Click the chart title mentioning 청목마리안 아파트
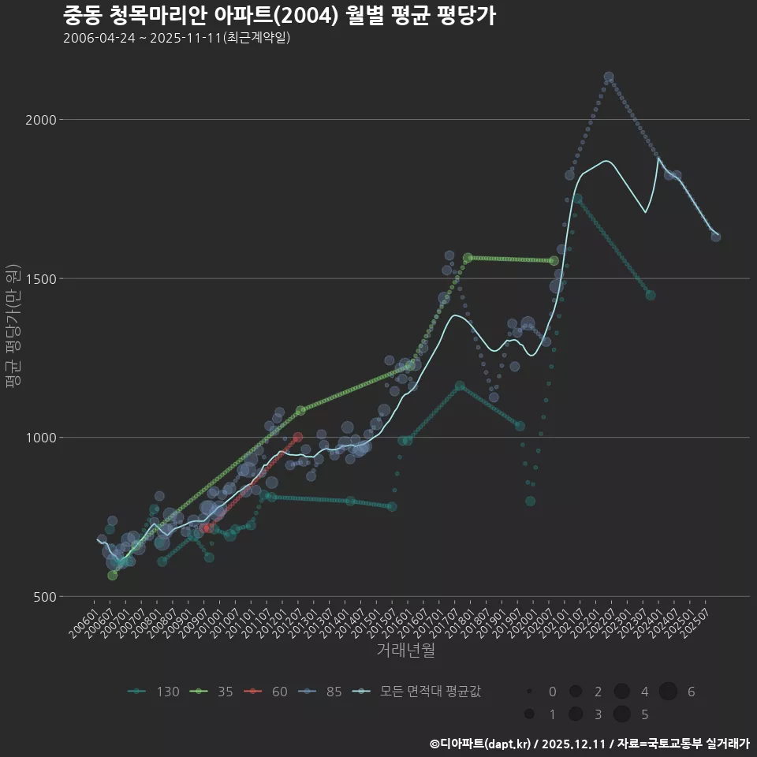coord(279,16)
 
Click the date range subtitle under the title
coord(177,38)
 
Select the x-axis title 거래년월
coord(406,651)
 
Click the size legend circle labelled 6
coord(668,692)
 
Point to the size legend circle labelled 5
coord(621,714)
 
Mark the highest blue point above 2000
coord(608,77)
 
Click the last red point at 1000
coord(297,437)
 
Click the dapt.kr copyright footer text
coord(589,743)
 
